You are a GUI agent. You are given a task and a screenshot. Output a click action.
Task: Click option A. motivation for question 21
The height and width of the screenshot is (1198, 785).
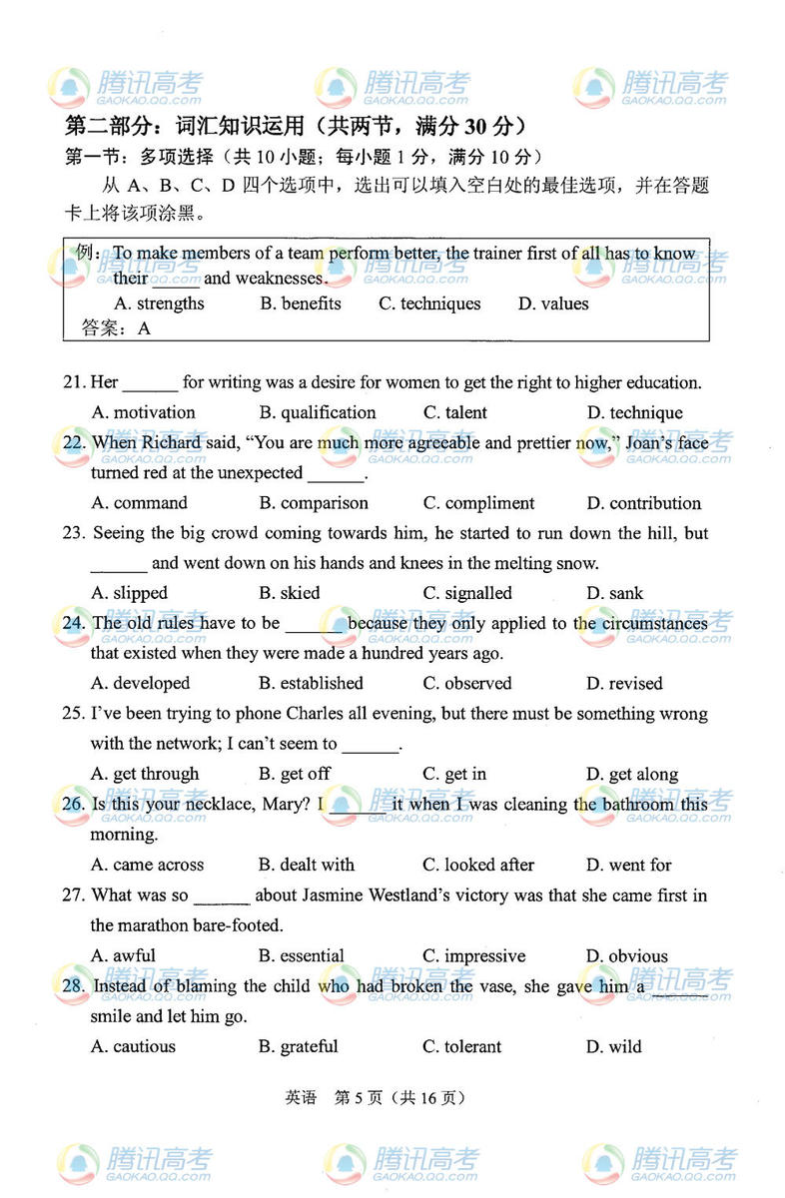click(x=143, y=412)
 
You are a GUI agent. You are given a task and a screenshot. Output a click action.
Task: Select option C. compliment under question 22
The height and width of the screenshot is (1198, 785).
click(x=478, y=503)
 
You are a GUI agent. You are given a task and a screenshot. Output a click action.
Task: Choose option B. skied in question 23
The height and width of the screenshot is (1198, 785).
click(x=289, y=593)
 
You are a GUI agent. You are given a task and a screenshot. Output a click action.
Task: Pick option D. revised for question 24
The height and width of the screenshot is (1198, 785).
click(x=624, y=684)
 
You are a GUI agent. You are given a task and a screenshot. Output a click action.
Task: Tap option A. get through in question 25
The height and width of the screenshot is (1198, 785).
click(x=145, y=774)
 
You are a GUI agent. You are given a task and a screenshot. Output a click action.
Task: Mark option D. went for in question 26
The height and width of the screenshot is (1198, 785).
click(x=628, y=865)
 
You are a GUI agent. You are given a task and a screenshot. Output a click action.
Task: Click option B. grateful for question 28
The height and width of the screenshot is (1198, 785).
click(x=298, y=1046)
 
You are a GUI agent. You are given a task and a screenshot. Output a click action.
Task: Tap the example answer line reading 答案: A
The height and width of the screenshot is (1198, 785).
click(x=116, y=327)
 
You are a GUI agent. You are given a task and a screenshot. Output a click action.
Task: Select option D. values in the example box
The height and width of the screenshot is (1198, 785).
click(x=553, y=303)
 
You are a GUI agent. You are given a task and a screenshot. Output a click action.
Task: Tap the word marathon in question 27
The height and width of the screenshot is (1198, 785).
click(x=165, y=925)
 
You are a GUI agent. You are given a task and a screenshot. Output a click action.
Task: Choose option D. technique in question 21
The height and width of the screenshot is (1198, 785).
click(x=634, y=412)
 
